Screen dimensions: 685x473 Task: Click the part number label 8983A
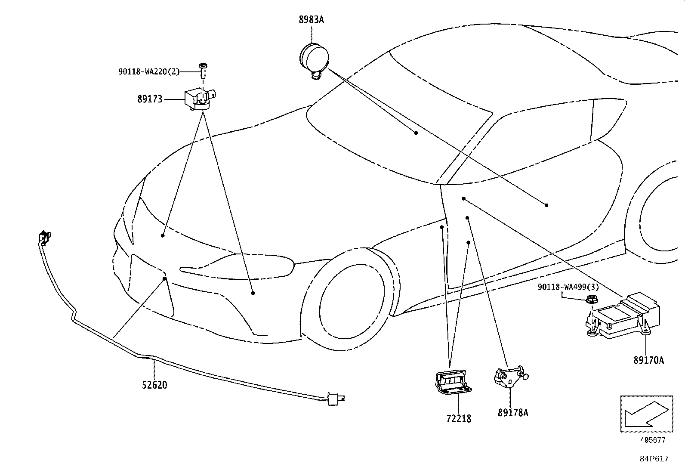[x=312, y=19]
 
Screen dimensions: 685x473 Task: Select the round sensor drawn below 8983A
[x=314, y=61]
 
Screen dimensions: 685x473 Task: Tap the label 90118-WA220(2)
[x=149, y=71]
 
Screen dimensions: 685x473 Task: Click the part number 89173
[x=150, y=99]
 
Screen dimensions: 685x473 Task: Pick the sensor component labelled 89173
[x=200, y=99]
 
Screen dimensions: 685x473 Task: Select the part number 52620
[x=154, y=385]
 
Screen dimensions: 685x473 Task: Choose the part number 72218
[x=459, y=418]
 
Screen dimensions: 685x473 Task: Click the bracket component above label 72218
[x=453, y=382]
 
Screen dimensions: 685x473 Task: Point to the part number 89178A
[x=513, y=413]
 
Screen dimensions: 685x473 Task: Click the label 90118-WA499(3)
[x=568, y=287]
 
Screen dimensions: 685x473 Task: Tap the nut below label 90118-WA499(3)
[x=592, y=299]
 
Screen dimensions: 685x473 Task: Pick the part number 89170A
[x=648, y=360]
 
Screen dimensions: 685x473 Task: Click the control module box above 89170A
[x=623, y=315]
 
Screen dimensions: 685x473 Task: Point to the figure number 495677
[x=653, y=440]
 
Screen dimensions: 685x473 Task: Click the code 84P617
[x=654, y=459]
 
